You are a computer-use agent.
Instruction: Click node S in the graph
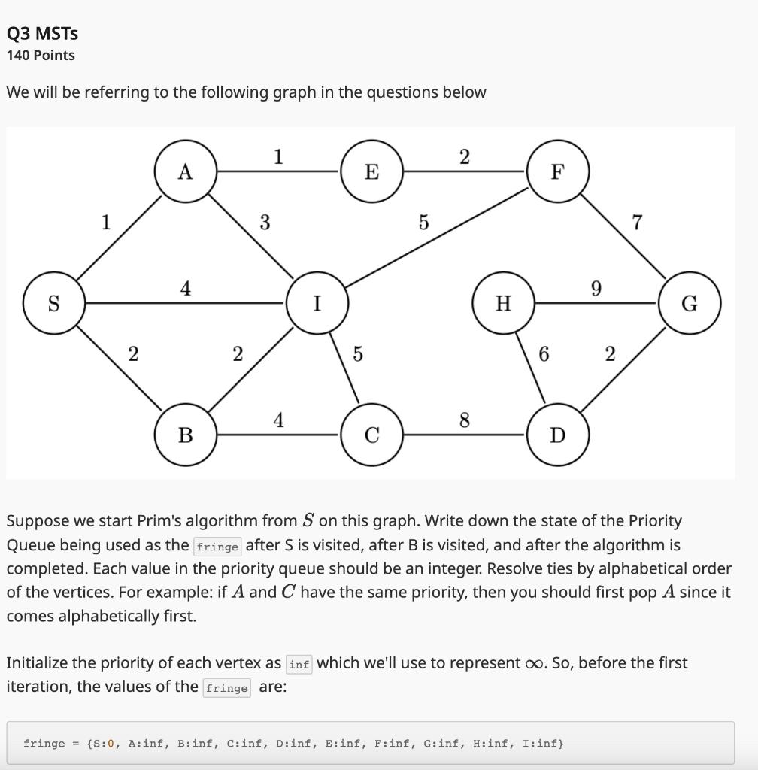[x=53, y=303]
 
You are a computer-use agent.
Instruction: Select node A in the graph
[x=186, y=171]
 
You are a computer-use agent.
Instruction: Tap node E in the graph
[x=371, y=171]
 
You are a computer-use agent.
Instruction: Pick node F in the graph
[x=557, y=171]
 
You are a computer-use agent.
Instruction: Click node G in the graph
[x=690, y=303]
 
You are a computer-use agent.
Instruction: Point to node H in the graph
[x=504, y=303]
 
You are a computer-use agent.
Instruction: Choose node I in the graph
[x=317, y=303]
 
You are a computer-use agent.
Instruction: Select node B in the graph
[x=186, y=435]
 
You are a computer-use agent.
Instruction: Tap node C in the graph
[x=371, y=435]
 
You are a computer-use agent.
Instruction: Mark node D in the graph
[x=557, y=435]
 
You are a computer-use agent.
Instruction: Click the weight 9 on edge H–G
[x=596, y=289]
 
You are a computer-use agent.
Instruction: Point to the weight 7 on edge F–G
[x=638, y=223]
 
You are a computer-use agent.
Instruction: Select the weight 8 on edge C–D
[x=464, y=420]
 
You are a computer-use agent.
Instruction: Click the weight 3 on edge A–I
[x=265, y=223]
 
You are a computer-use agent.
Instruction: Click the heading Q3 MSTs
[x=42, y=33]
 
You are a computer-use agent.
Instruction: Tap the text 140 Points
[x=41, y=55]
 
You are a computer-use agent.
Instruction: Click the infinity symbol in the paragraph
[x=533, y=663]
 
